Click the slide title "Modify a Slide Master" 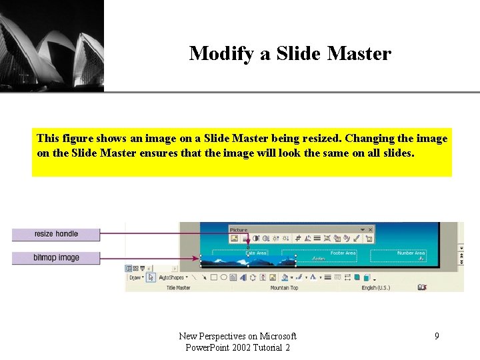(290, 53)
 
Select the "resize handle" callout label (56, 234)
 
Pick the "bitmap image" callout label (56, 257)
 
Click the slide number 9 (437, 336)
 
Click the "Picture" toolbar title (239, 230)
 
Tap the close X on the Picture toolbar (370, 230)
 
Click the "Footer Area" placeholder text (343, 253)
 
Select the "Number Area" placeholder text (411, 253)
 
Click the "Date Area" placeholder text (256, 253)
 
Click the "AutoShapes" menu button (171, 277)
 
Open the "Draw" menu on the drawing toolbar (135, 277)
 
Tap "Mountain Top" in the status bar (284, 287)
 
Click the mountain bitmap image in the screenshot (224, 261)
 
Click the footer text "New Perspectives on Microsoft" (238, 336)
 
